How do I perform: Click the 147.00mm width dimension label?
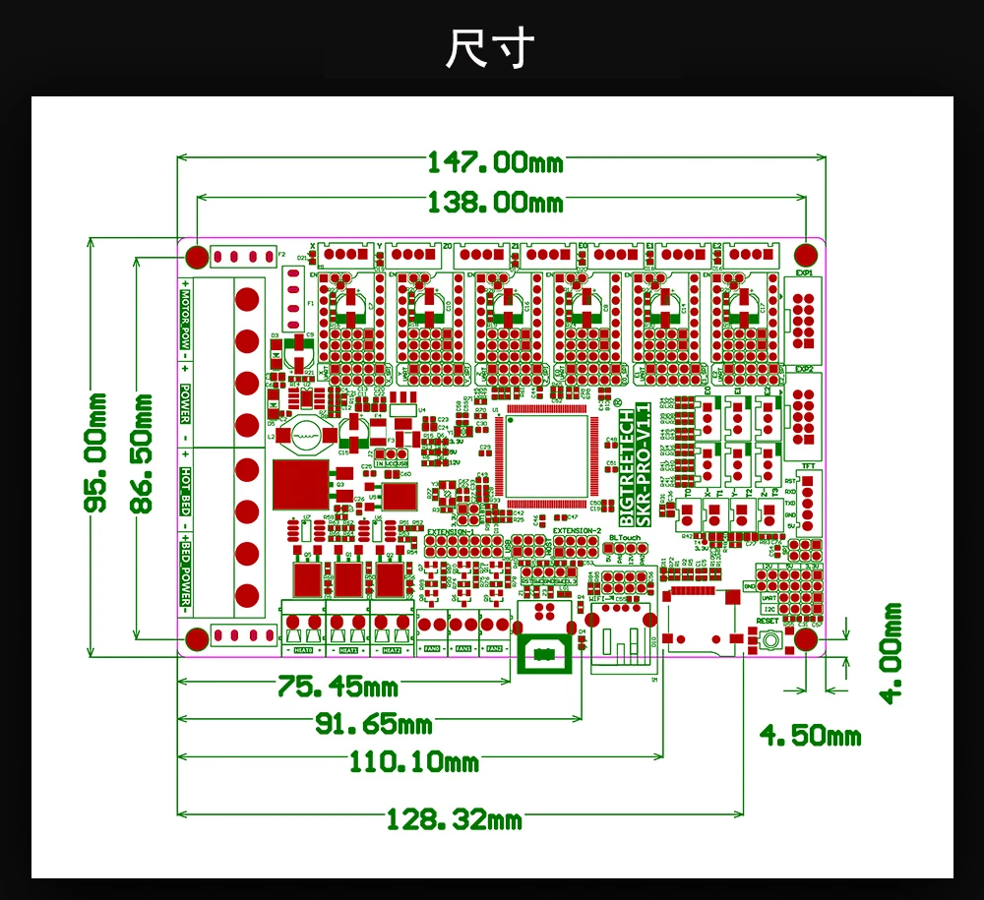[494, 160]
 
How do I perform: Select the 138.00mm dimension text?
[494, 203]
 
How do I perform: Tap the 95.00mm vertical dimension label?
[96, 451]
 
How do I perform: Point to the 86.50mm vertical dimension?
[144, 451]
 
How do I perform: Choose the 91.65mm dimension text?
[374, 724]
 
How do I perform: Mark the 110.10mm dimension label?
[413, 761]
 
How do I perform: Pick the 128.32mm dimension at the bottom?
[454, 818]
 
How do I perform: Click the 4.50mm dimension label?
[810, 736]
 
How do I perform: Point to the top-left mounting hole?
[197, 257]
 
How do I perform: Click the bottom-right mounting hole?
[807, 639]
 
